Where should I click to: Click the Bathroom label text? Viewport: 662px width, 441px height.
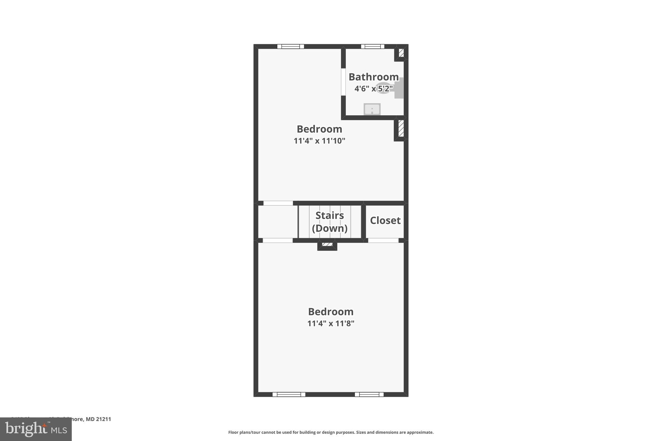point(373,77)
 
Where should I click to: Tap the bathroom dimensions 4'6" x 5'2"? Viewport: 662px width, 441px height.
point(373,89)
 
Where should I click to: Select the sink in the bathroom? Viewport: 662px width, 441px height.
point(372,109)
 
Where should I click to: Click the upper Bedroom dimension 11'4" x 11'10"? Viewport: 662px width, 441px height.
point(319,141)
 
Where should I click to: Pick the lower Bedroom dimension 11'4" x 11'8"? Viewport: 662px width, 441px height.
point(331,323)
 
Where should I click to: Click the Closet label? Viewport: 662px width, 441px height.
point(385,220)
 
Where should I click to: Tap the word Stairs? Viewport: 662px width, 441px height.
point(329,215)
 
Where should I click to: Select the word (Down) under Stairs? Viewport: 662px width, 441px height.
point(329,228)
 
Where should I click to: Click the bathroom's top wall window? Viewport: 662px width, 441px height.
point(372,47)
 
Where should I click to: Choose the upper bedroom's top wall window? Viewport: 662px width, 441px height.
point(291,47)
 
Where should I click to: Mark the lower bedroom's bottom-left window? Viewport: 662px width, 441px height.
point(289,394)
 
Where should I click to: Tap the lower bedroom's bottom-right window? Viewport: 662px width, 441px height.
point(369,394)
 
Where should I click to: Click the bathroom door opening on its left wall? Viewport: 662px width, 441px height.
point(343,82)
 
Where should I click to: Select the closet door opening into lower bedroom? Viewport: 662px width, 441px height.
point(383,240)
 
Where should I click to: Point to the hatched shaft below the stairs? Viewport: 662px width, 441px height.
point(327,245)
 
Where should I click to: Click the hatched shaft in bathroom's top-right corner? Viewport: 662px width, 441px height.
point(401,53)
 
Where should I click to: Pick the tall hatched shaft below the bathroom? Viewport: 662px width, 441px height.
point(401,129)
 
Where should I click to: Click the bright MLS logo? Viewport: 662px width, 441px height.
point(36,429)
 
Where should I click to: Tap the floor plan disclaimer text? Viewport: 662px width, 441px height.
point(331,432)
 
